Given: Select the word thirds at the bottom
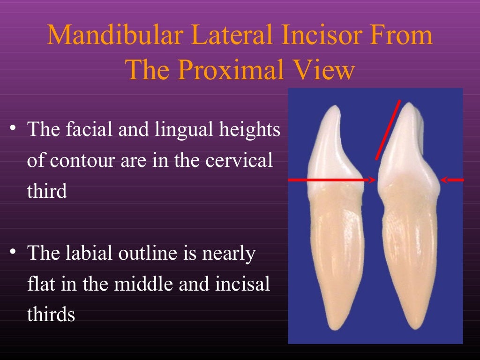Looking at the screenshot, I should (x=51, y=314).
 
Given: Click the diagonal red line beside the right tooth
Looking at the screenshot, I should (x=388, y=130).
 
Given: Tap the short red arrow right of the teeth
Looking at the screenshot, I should (x=452, y=180).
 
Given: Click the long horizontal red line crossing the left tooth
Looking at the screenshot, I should (x=328, y=180).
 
